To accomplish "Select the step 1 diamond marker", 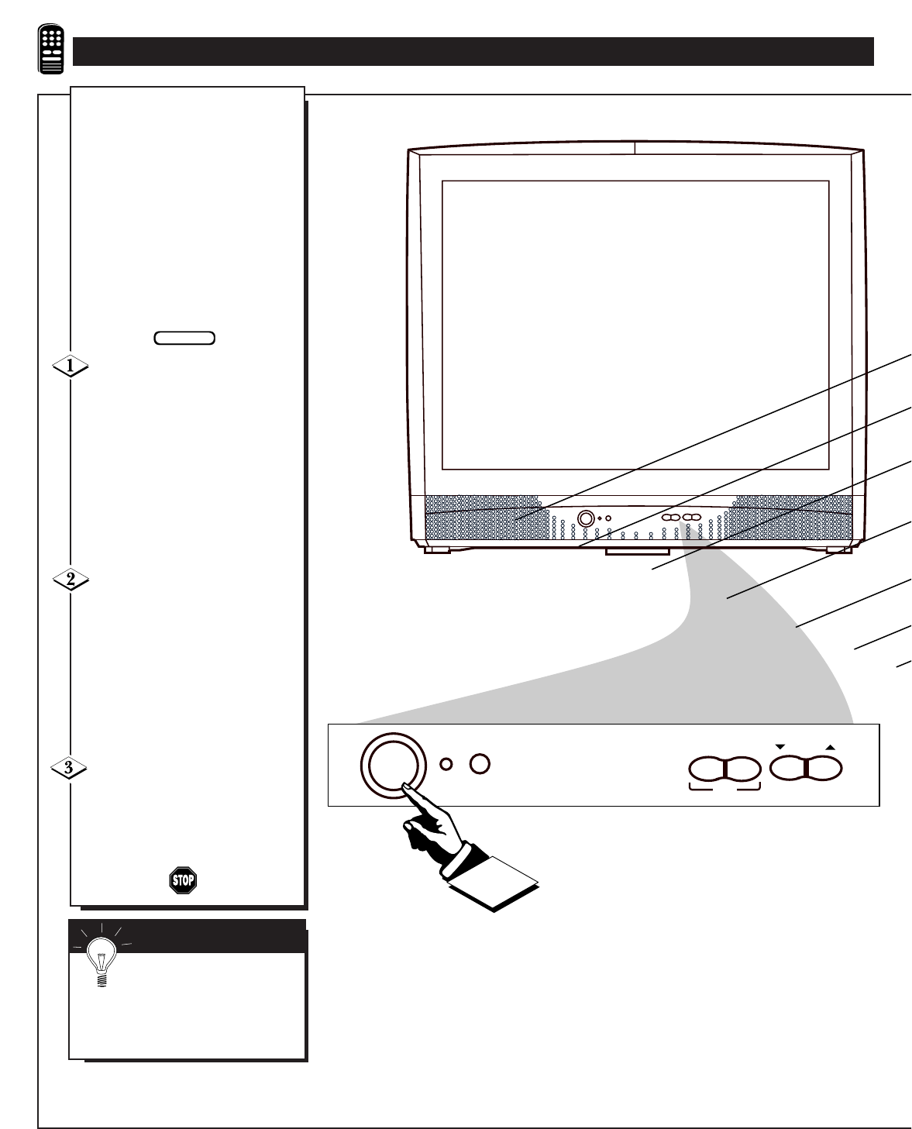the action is [70, 367].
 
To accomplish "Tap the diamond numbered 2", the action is [70, 579].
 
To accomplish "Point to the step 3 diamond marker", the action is [70, 768].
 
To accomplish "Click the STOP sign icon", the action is [183, 880].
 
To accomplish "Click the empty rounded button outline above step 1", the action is [184, 337].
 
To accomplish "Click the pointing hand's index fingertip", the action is [405, 789].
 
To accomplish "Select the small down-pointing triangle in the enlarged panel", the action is [780, 747].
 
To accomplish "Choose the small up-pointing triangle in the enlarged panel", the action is [831, 747].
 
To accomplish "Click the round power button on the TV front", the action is [587, 518].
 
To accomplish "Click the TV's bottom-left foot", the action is [437, 549].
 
